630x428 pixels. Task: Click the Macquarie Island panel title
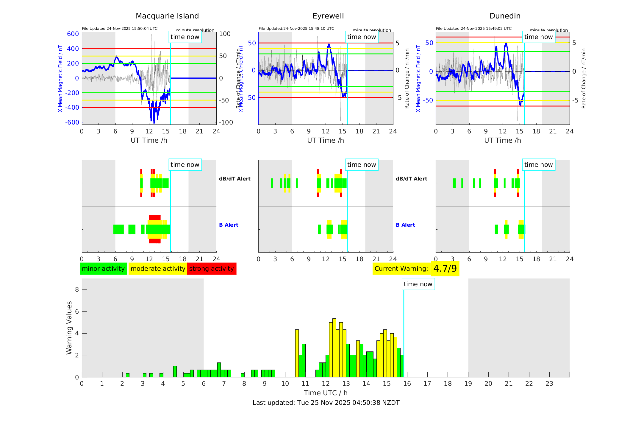click(x=167, y=16)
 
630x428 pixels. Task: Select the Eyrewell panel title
click(x=328, y=16)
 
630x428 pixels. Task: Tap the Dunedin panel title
click(x=505, y=16)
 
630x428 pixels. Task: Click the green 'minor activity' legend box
click(x=103, y=269)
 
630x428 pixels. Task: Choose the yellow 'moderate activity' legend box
click(x=158, y=269)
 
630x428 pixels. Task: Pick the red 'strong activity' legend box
click(x=212, y=269)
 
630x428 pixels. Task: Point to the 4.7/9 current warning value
click(x=445, y=269)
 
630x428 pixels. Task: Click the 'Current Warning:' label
click(x=401, y=269)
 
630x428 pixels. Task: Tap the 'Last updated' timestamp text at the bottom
click(x=326, y=403)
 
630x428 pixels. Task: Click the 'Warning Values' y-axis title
click(x=69, y=328)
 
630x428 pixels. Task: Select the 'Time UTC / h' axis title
click(x=326, y=393)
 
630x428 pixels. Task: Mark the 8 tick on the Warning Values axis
click(x=77, y=289)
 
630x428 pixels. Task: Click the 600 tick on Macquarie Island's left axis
click(x=73, y=34)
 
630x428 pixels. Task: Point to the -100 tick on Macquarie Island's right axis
click(x=226, y=122)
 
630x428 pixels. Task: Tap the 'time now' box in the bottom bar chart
click(x=418, y=284)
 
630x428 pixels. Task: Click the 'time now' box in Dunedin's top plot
click(x=538, y=37)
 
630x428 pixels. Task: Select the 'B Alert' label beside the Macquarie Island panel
click(x=229, y=225)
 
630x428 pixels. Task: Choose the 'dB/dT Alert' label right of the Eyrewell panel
click(x=411, y=179)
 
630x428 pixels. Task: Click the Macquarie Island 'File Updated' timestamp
click(x=120, y=29)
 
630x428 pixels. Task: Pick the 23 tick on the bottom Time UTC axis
click(x=549, y=384)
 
